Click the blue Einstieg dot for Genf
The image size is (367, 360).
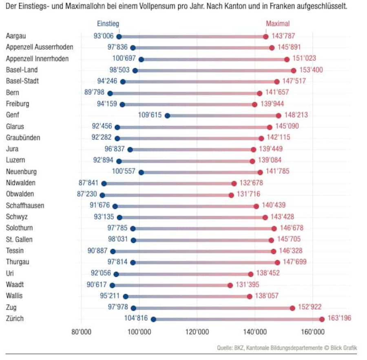(x=167, y=116)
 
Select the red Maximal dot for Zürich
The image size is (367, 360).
(x=322, y=319)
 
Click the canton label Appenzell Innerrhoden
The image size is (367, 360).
(x=37, y=59)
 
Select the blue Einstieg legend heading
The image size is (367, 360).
(x=108, y=24)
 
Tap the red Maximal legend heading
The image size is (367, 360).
(x=278, y=24)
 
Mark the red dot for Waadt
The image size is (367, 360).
(x=230, y=285)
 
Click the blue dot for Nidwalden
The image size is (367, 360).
(x=104, y=184)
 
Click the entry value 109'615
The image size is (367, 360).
(x=149, y=115)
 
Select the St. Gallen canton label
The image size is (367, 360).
(x=19, y=239)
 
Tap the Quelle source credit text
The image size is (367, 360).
(x=287, y=348)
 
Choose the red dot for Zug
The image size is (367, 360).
(x=292, y=308)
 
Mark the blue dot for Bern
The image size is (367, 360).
(x=110, y=93)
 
